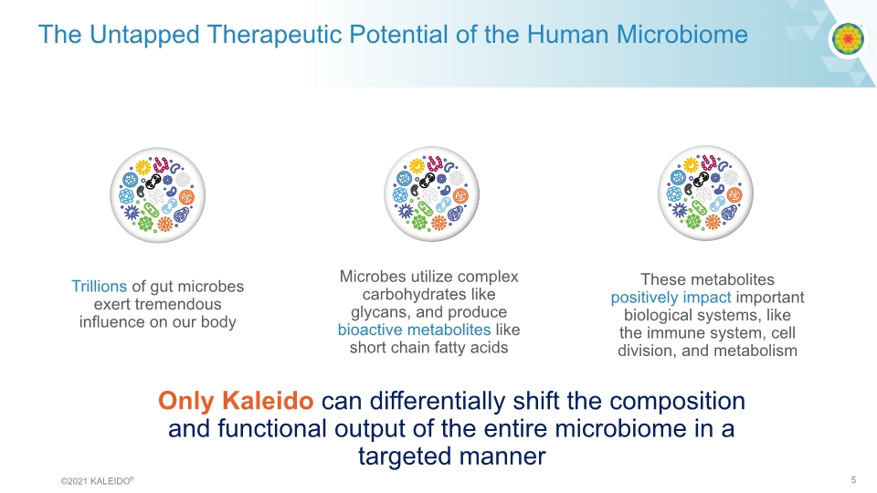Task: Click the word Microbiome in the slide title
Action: point(682,35)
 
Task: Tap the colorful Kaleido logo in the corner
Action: point(849,38)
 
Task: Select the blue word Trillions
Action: point(99,286)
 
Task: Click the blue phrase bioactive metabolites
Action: point(414,330)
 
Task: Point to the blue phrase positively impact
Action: point(671,298)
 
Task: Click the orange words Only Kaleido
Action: point(236,401)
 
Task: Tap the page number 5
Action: point(853,480)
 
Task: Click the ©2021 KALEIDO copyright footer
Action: point(98,481)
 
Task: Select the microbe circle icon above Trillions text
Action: point(158,195)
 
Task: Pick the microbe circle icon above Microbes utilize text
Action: point(431,194)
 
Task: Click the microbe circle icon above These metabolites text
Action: point(705,194)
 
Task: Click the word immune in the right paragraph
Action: point(671,333)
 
